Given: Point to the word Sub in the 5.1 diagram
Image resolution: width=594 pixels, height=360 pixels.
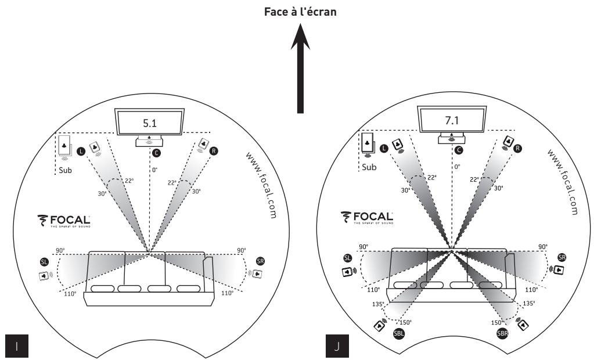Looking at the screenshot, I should pyautogui.click(x=65, y=171).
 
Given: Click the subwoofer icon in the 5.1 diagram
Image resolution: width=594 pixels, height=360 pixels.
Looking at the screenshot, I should pyautogui.click(x=65, y=144).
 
